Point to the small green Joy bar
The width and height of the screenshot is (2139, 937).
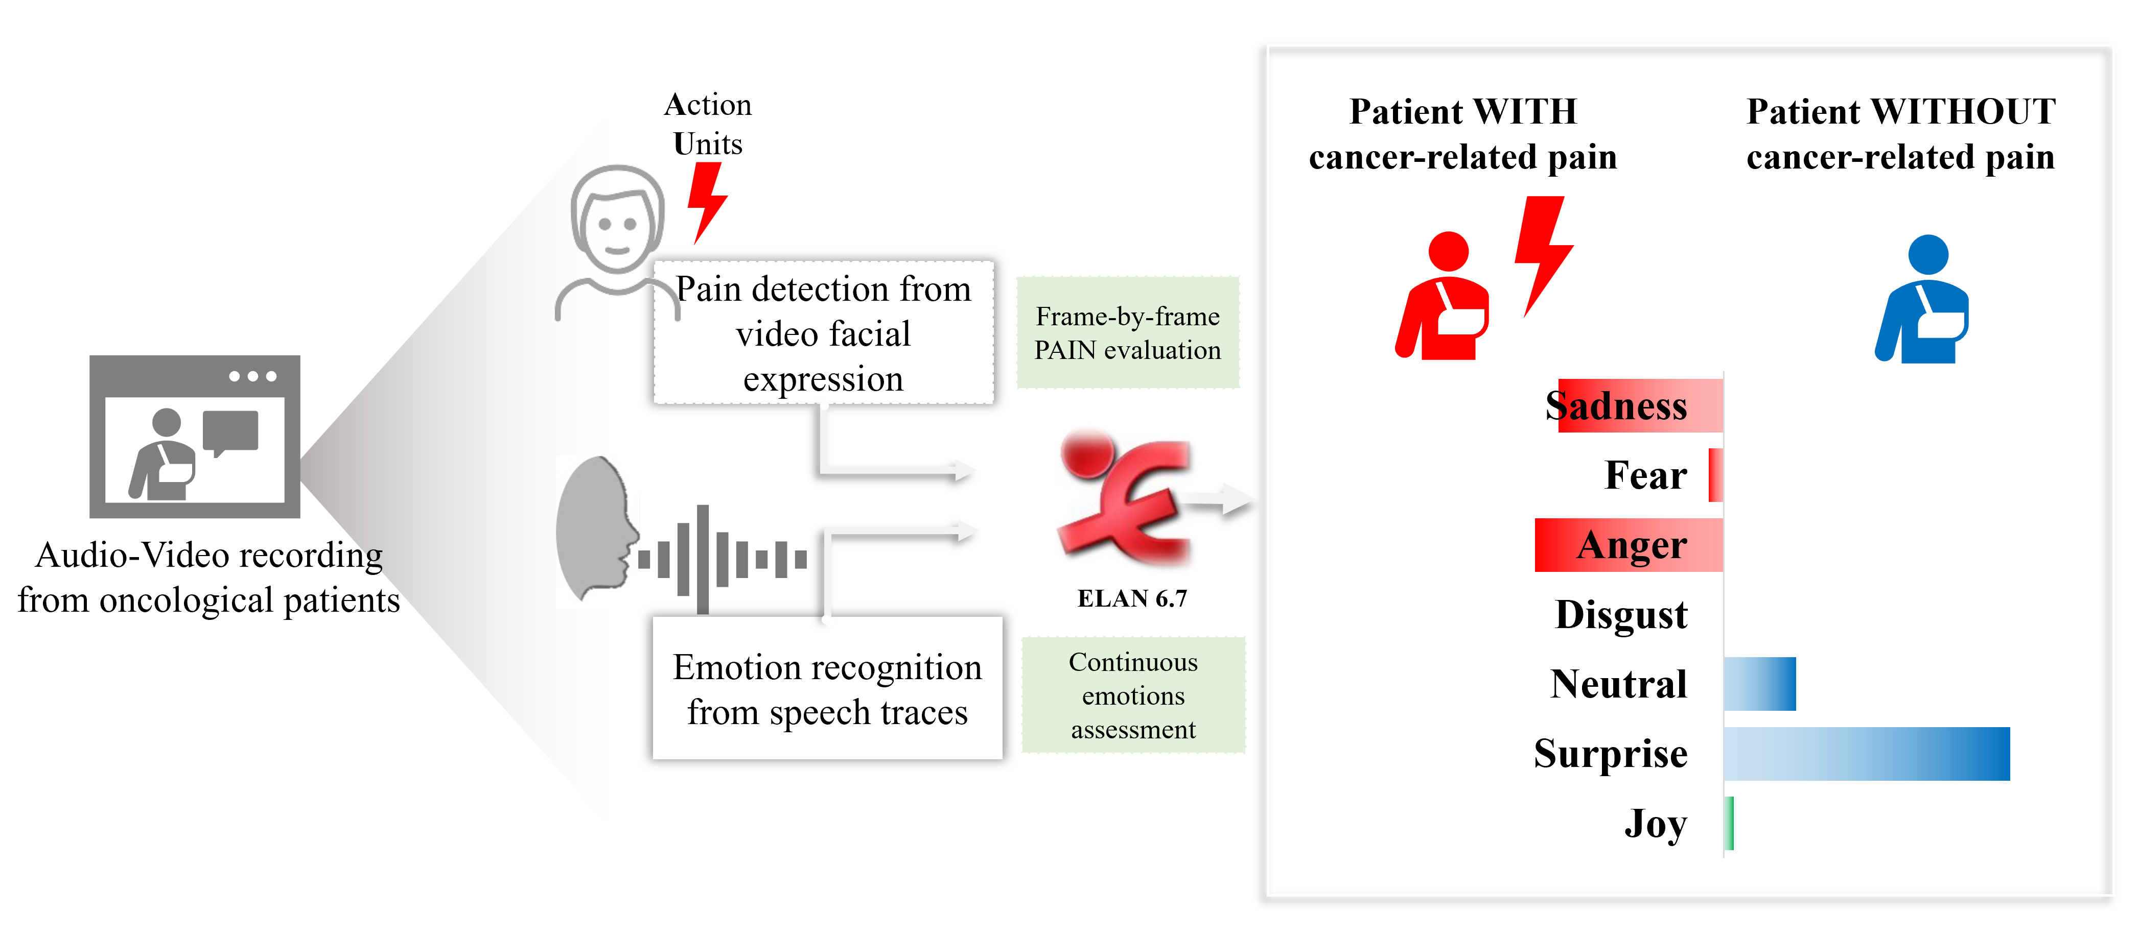(1730, 823)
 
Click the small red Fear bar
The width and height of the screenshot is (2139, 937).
(1715, 475)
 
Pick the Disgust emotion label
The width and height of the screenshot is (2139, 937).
(1621, 615)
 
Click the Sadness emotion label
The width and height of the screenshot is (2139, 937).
(1616, 406)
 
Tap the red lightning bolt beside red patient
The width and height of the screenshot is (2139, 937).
(1542, 253)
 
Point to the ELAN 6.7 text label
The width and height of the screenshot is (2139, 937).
(1132, 598)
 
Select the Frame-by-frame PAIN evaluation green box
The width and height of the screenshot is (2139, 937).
(1128, 333)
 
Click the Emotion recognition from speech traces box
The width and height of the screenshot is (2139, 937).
(827, 689)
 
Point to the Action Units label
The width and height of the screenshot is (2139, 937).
(707, 124)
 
